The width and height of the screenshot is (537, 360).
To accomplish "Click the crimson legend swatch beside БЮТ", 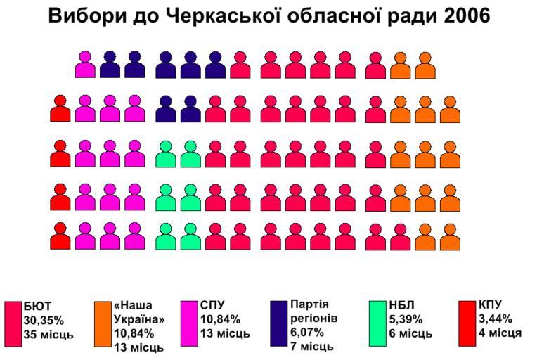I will coord(13,324).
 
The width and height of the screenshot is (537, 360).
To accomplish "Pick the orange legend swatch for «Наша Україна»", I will coord(103,324).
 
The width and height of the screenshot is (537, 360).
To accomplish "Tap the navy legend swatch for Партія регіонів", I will coord(278,324).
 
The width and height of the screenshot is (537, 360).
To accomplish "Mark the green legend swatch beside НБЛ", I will coord(378,324).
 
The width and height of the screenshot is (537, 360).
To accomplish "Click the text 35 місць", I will coord(48,335).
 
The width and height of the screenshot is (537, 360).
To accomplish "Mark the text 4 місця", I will coord(500,333).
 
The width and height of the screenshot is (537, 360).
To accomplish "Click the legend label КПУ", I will coord(493,304).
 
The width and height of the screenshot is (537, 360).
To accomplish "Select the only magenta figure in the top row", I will coord(85,65).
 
